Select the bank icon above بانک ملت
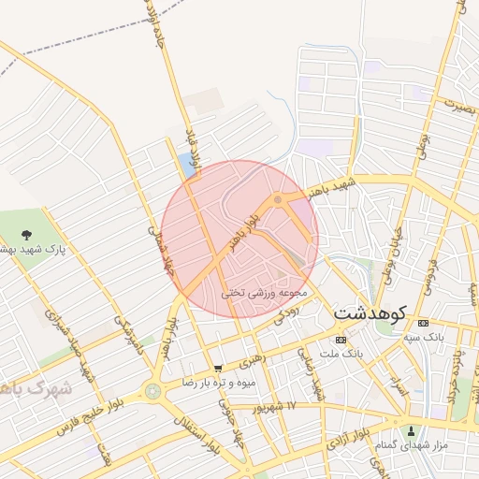point(341,339)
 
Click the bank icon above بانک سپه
point(423,320)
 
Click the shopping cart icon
point(218,369)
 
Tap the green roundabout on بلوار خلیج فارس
point(152,391)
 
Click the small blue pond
point(189,167)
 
